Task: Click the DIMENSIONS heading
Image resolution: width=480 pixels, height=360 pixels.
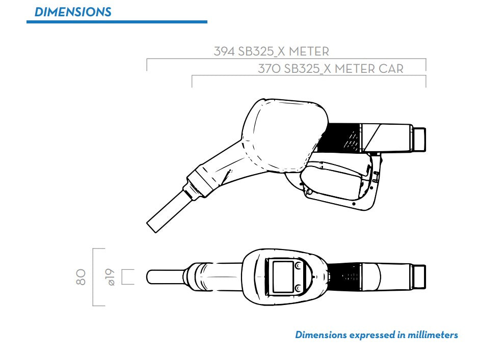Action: click(72, 12)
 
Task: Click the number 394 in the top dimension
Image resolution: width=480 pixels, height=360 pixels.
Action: click(224, 52)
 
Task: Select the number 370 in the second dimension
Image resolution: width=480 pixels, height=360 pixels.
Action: click(269, 69)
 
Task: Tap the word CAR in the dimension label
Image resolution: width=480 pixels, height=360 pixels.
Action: click(391, 69)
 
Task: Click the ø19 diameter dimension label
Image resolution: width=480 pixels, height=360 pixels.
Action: click(110, 277)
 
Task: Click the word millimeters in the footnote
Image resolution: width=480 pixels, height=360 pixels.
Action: click(431, 335)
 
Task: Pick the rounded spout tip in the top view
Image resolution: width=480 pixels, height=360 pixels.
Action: click(151, 276)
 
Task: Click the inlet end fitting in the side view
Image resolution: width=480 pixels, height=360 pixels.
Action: click(419, 139)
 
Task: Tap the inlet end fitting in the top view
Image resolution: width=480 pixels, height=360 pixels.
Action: click(419, 276)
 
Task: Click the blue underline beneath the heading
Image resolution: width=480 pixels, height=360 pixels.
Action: click(117, 22)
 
